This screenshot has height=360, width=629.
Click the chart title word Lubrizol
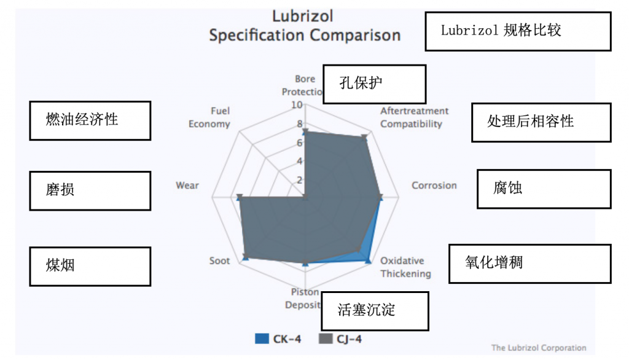point(305,15)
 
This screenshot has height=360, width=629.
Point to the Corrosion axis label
point(434,186)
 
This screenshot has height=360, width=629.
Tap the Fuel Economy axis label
point(209,117)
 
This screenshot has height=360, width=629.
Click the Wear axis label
point(187,186)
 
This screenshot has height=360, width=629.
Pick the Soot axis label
point(219,261)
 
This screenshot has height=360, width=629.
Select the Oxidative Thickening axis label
point(405,267)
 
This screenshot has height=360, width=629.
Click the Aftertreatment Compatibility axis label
point(414,117)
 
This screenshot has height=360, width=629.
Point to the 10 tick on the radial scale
point(297,105)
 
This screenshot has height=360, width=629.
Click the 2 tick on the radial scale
point(300,180)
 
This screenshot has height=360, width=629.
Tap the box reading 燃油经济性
point(90,120)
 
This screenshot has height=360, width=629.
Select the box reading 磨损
point(90,190)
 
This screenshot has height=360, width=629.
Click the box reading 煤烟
point(90,266)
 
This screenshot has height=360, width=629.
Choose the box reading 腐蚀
point(544,189)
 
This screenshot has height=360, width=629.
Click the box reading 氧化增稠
point(529,264)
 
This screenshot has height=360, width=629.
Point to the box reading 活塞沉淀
point(375,311)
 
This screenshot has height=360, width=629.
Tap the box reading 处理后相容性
point(541,122)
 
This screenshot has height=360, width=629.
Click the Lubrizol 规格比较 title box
point(517,31)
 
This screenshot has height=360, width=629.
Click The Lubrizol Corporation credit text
point(539,348)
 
